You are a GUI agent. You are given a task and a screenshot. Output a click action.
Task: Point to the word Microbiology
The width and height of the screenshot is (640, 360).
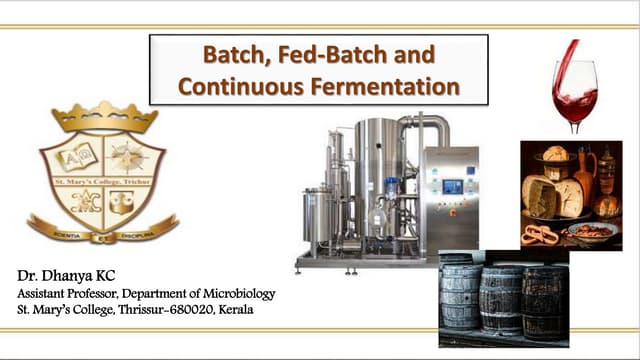[236, 292]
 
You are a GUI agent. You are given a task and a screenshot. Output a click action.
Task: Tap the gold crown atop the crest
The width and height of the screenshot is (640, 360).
[105, 117]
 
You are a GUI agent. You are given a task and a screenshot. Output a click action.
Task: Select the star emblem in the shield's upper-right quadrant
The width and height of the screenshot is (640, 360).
[127, 155]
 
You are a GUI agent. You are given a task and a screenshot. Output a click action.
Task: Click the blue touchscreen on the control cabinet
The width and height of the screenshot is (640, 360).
[452, 186]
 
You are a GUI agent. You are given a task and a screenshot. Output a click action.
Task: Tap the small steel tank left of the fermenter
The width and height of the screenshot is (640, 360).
[317, 215]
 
